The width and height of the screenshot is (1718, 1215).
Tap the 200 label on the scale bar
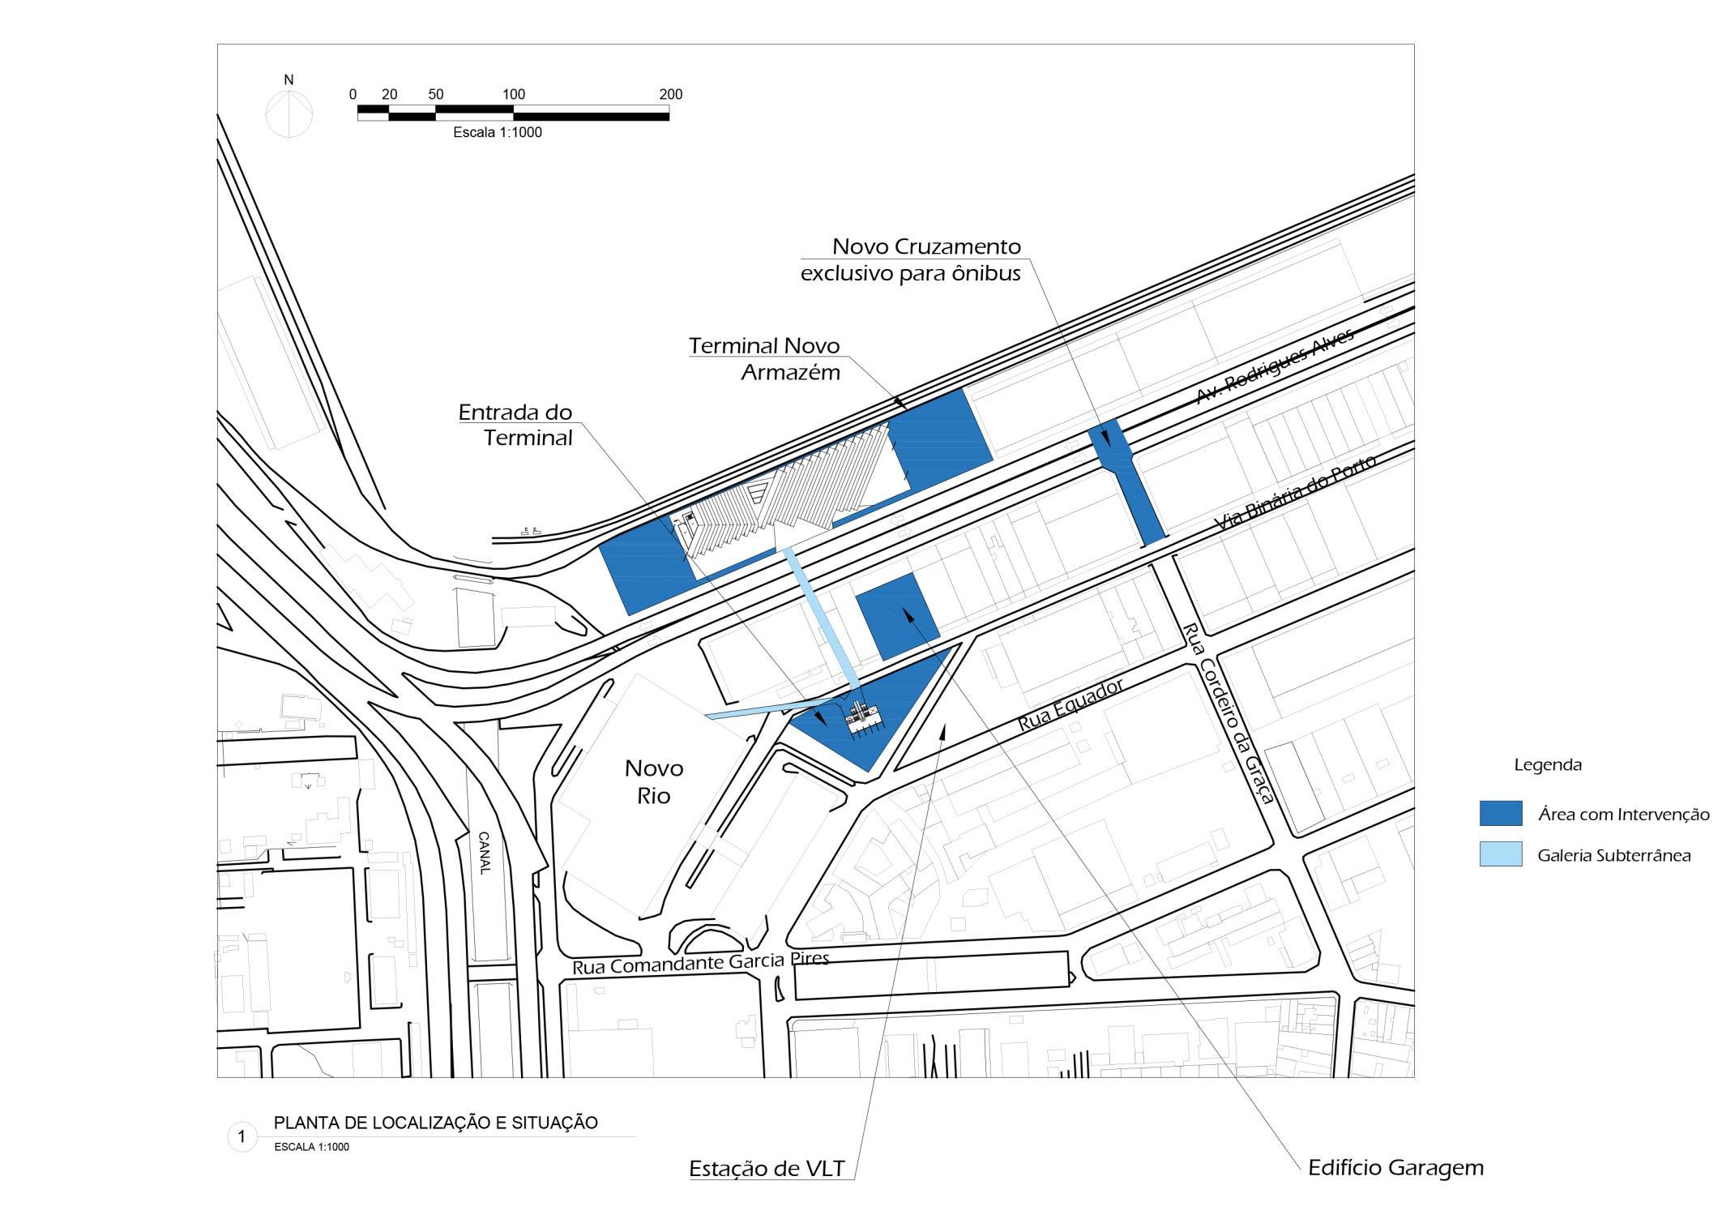(x=671, y=95)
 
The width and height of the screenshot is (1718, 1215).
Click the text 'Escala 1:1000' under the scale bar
(x=498, y=133)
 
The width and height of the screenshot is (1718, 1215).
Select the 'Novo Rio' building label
(x=654, y=781)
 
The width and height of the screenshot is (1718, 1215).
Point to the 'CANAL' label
(x=485, y=853)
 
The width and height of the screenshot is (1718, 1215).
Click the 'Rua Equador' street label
(x=1071, y=705)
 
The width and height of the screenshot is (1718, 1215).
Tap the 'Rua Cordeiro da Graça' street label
(x=1229, y=712)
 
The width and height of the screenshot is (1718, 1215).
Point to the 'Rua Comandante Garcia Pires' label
(x=701, y=963)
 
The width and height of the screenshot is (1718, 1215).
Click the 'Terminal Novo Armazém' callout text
(x=764, y=359)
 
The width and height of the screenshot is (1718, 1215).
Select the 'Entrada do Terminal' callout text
(x=516, y=425)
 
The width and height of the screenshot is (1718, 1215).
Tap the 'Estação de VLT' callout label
(x=767, y=1169)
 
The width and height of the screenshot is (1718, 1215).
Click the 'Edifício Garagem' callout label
(x=1395, y=1168)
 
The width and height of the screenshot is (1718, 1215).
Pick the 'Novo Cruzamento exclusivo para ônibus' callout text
(x=911, y=259)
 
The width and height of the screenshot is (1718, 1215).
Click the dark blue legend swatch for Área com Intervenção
(x=1500, y=814)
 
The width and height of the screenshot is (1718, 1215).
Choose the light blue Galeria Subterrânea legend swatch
(x=1500, y=854)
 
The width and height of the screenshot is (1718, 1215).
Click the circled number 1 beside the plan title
(x=241, y=1137)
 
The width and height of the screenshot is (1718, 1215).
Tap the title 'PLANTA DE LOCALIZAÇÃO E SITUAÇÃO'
(x=436, y=1123)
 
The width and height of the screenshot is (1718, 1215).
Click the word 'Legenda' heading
(x=1547, y=764)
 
